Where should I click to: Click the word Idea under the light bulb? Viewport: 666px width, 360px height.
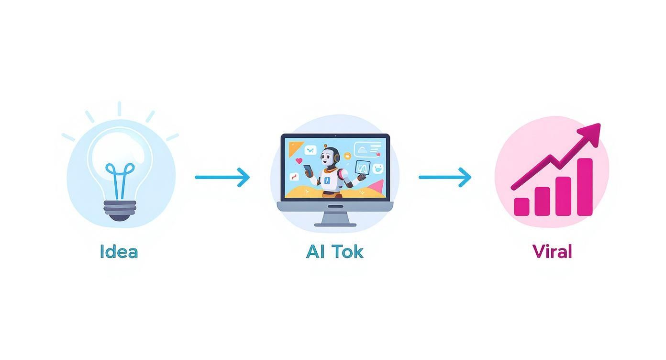coord(119,252)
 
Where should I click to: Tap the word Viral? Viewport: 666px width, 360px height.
coord(552,251)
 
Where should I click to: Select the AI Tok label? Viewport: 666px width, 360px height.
coord(334,252)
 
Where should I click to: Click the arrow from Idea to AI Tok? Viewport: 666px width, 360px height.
coord(222,177)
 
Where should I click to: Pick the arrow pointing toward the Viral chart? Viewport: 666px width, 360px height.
coord(445,177)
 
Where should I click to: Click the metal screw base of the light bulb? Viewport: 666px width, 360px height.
coord(120,210)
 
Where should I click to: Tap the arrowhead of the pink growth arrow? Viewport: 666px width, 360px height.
coord(591,131)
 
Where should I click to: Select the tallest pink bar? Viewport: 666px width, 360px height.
coord(585,187)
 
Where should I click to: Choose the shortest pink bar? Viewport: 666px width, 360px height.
coord(522,206)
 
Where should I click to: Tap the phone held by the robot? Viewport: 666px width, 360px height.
coord(308,170)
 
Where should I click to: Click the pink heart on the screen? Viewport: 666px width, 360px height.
coord(299,161)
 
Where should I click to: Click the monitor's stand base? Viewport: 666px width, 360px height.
coord(335,224)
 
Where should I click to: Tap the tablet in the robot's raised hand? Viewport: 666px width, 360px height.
coord(362,168)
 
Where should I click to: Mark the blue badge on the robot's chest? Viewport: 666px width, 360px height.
coord(327,180)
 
